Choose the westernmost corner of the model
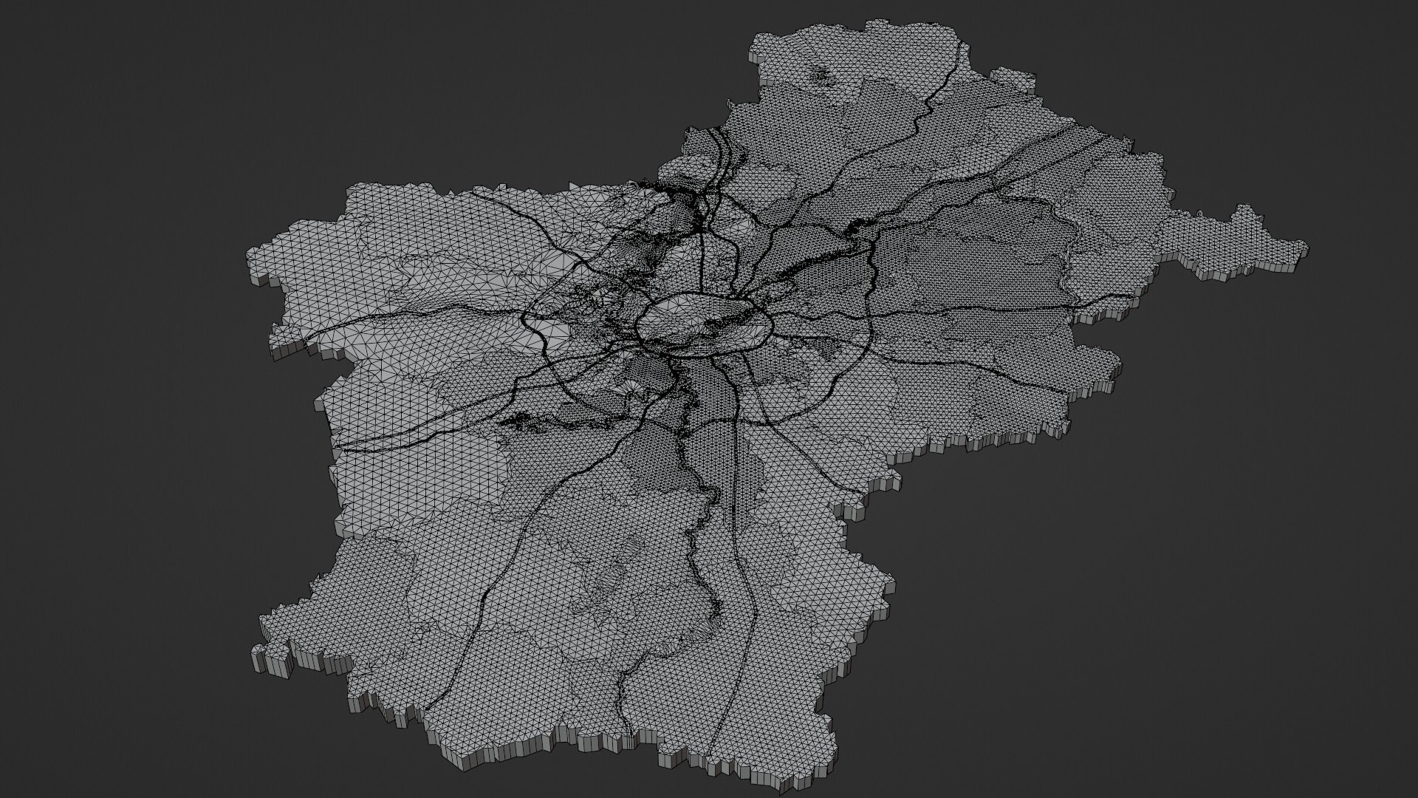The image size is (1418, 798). click(x=248, y=251)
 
